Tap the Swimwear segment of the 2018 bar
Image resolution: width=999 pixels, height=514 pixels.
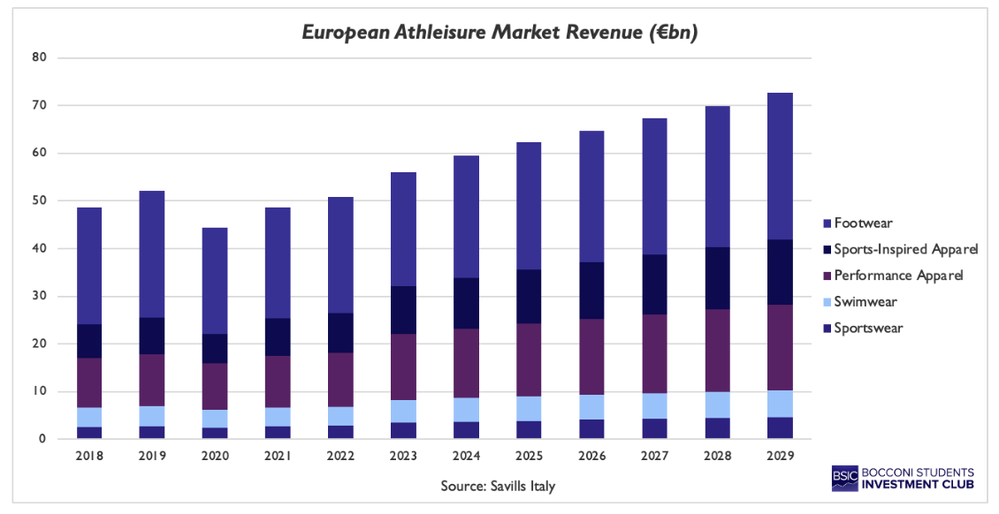[89, 417]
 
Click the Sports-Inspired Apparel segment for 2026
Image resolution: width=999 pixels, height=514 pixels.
[592, 291]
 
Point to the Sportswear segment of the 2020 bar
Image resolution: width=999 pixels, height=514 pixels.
[215, 433]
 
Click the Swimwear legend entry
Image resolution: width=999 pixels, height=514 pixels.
[865, 302]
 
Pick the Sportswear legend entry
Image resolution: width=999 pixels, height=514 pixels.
[868, 329]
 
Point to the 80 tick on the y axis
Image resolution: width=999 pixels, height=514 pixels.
[39, 58]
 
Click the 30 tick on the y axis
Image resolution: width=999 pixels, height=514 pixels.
[39, 297]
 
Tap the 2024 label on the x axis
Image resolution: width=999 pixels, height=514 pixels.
[466, 456]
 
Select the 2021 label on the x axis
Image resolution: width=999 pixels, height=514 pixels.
[278, 456]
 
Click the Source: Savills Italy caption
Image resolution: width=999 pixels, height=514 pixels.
[499, 486]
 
